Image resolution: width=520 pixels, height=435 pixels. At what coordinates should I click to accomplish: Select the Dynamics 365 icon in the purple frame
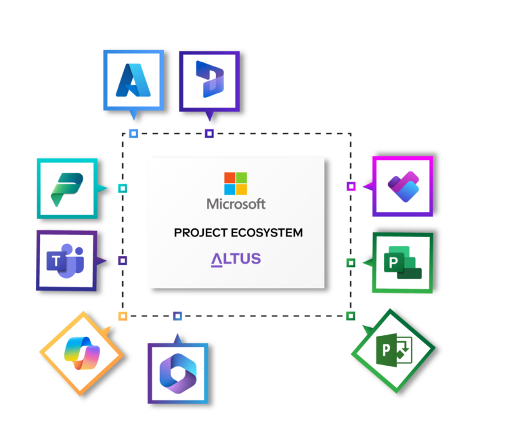[209, 79]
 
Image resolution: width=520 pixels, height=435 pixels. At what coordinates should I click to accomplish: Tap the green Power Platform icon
[67, 190]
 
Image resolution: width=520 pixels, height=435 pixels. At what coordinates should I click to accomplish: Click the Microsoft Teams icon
[65, 260]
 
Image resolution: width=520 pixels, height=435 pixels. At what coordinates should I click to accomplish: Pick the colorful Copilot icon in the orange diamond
[82, 353]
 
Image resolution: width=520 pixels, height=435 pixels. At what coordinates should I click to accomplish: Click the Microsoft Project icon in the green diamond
[393, 350]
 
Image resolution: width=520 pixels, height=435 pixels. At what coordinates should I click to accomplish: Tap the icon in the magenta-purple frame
[402, 186]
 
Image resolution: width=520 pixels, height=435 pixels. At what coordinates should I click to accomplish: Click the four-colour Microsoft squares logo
[236, 183]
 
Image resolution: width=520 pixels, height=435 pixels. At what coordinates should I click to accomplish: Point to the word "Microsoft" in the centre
[236, 204]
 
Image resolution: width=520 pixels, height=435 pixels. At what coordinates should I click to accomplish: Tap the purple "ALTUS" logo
[236, 260]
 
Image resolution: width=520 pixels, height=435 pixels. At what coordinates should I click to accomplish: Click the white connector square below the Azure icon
[134, 133]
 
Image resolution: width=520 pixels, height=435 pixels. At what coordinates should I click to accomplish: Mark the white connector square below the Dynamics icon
[209, 133]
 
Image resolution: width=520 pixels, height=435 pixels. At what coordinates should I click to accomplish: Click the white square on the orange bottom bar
[123, 316]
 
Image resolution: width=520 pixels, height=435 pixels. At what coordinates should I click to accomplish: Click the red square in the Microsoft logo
[230, 178]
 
